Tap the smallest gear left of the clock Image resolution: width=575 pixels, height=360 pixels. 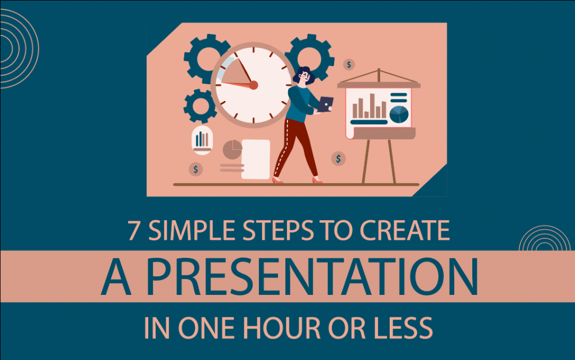(200, 106)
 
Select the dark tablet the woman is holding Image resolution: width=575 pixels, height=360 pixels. (325, 103)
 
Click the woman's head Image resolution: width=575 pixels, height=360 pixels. (303, 76)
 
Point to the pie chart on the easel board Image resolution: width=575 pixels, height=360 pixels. (399, 113)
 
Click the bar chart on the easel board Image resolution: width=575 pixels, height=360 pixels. (368, 107)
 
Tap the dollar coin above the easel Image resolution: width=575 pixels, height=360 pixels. (349, 65)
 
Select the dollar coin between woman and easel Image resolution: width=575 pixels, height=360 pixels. (338, 159)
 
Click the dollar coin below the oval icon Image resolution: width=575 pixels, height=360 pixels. (195, 168)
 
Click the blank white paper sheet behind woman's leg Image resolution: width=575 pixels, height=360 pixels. (255, 159)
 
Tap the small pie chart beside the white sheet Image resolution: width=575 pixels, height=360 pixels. (232, 150)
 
